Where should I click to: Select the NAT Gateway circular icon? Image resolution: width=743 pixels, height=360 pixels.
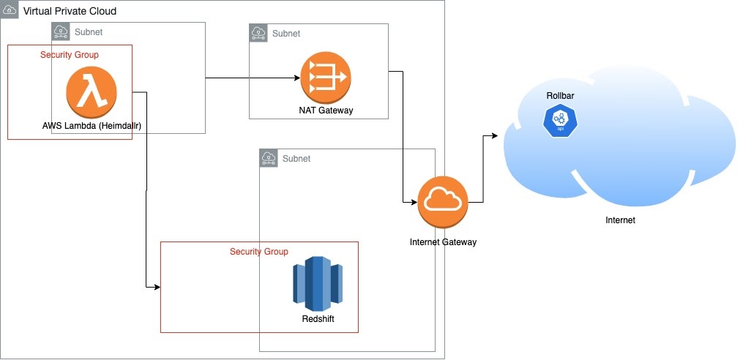coord(326,78)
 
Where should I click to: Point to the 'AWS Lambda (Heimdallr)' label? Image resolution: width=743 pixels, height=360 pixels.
coord(92,126)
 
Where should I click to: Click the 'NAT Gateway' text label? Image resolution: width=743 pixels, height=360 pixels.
coord(326,110)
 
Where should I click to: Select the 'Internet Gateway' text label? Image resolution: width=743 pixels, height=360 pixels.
coord(443,241)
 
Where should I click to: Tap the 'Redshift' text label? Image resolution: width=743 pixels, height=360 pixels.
coord(318,319)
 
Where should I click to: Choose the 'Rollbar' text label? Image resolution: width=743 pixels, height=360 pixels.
coord(558,97)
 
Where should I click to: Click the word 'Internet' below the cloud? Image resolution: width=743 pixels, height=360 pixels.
coord(620,220)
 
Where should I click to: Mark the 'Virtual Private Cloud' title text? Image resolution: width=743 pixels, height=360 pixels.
coord(70,12)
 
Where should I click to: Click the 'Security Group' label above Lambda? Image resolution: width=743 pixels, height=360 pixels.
coord(70,55)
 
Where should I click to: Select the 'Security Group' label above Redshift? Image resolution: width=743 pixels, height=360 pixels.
coord(259,252)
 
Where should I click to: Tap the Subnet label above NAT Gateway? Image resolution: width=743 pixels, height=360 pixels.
coord(286,34)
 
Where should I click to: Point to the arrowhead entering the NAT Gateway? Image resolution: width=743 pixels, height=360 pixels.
coord(296,78)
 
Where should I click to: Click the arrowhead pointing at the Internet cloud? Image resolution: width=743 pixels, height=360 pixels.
coord(496,136)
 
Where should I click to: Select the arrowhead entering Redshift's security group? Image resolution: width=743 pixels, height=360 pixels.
coord(157,287)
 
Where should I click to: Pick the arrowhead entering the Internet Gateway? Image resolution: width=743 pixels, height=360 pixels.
coord(414,202)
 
